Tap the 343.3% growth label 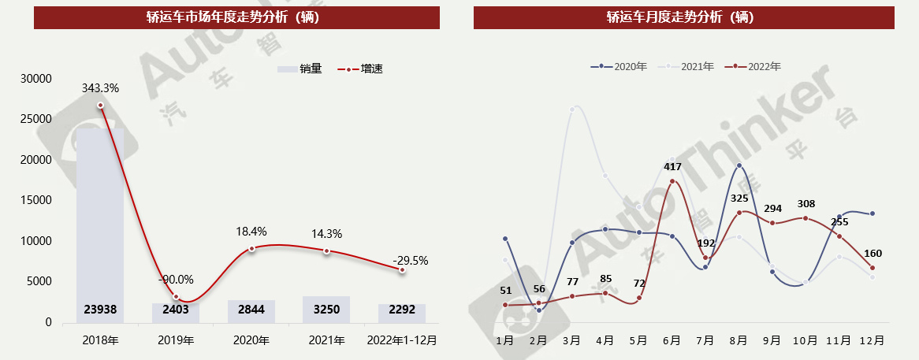tap(100, 88)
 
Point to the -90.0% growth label tap(176, 280)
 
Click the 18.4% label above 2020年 tap(251, 232)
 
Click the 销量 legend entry tap(300, 69)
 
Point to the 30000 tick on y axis tap(37, 79)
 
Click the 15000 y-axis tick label tap(37, 201)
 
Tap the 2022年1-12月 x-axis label tap(402, 340)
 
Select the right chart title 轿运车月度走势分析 tap(683, 17)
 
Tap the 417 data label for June tap(672, 166)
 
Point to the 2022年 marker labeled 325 tap(739, 212)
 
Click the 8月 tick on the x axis tap(739, 340)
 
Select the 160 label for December tap(872, 254)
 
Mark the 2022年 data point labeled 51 tap(505, 305)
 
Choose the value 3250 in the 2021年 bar tap(327, 310)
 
